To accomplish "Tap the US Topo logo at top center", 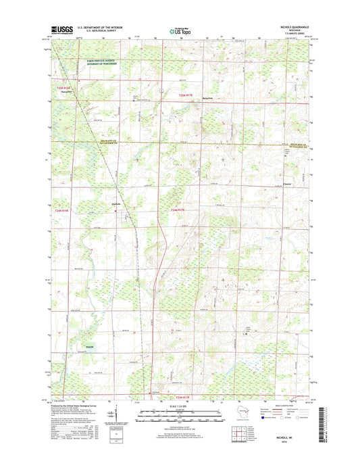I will click(x=180, y=30).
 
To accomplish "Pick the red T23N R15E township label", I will click(x=64, y=88).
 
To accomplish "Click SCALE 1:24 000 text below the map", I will click(x=180, y=408).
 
